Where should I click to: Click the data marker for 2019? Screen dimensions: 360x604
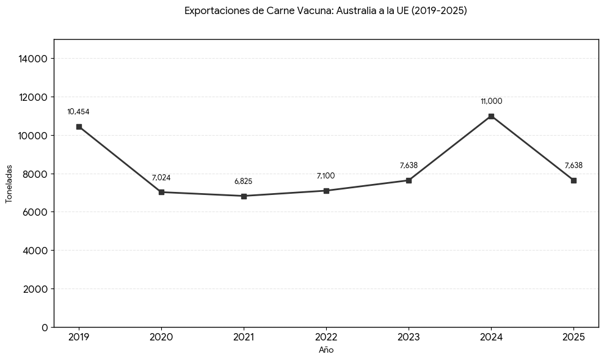[x=79, y=127]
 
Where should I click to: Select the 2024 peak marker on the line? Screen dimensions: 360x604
[x=491, y=116]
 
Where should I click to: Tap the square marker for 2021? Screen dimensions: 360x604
[x=244, y=196]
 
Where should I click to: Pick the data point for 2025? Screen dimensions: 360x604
[x=573, y=180]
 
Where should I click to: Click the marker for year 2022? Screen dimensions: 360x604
[x=326, y=191]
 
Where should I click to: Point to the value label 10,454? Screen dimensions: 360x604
[x=78, y=112]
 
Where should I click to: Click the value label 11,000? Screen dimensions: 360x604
[x=491, y=101]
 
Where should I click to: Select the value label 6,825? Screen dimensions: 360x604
[x=243, y=182]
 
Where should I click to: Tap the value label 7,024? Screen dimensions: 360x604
[x=161, y=178]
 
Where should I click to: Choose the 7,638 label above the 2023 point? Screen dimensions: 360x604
[x=409, y=166]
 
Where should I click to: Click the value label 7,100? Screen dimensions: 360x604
[x=326, y=176]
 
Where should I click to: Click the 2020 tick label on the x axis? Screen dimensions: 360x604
[x=161, y=337]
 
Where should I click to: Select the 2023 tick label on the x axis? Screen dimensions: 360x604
[x=409, y=337]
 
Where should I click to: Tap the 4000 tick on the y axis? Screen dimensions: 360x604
[x=35, y=251]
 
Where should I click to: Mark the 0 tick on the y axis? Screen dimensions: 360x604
[x=44, y=328]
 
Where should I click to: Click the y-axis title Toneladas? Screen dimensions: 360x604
[x=9, y=183]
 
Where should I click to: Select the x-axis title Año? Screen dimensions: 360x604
[x=326, y=350]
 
